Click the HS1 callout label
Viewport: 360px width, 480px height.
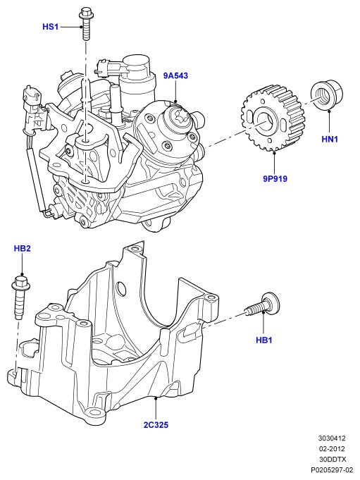(x=50, y=27)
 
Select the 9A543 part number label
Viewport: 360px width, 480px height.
(x=175, y=75)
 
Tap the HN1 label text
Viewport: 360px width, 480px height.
(x=330, y=140)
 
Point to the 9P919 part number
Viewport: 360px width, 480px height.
(x=275, y=178)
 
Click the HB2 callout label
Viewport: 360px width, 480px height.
(x=23, y=248)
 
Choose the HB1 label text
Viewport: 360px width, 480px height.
(x=264, y=340)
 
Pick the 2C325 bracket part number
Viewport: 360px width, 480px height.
(x=156, y=425)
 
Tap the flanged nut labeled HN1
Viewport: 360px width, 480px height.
(x=327, y=95)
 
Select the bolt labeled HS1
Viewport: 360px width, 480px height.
(x=85, y=24)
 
